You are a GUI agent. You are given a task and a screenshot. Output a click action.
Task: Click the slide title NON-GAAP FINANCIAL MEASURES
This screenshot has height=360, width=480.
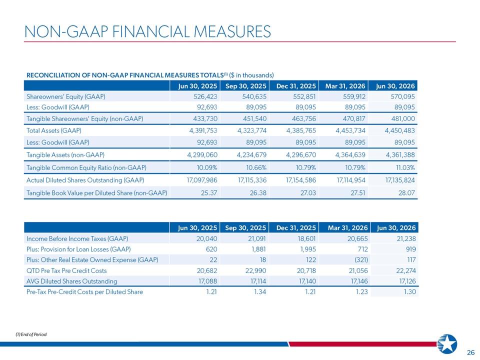(x=147, y=31)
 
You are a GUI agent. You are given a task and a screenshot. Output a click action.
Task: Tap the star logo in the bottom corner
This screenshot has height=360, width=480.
(x=447, y=344)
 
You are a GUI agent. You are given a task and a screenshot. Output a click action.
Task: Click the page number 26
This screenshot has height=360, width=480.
(x=471, y=352)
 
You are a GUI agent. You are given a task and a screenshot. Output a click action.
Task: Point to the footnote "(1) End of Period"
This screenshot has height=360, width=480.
(x=31, y=334)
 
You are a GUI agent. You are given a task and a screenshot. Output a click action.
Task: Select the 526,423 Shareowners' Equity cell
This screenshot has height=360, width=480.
(x=205, y=96)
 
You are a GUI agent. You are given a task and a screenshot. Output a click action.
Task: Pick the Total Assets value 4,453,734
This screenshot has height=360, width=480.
(x=350, y=130)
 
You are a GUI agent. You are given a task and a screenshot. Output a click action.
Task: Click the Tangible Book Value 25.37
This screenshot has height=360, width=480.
(x=209, y=193)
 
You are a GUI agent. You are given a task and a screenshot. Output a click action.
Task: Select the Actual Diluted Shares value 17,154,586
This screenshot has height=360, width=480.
(x=301, y=180)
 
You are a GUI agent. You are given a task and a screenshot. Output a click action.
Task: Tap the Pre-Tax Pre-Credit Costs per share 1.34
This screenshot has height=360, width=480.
(x=260, y=292)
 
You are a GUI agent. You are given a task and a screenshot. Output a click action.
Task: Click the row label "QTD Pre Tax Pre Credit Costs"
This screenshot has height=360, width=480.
(x=66, y=271)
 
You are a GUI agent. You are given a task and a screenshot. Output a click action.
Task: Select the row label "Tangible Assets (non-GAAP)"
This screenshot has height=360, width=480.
(x=65, y=155)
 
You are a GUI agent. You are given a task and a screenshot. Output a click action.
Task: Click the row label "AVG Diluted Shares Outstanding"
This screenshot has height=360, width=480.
(x=72, y=281)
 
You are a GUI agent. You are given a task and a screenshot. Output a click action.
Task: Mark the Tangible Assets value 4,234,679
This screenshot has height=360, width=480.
(x=251, y=155)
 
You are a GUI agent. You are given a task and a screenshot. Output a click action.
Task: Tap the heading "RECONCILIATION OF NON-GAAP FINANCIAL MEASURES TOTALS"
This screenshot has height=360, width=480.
(x=125, y=75)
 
